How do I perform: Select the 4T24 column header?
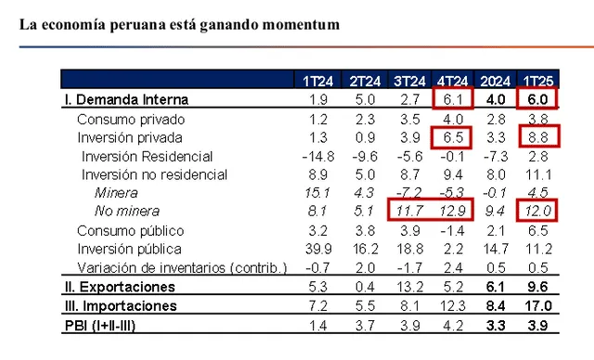pos(453,80)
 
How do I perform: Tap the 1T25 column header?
pos(539,80)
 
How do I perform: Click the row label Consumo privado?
pos(131,119)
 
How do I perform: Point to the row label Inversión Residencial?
pos(147,156)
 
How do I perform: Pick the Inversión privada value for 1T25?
pos(540,137)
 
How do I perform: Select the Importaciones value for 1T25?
pos(539,305)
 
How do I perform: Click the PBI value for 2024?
pos(496,325)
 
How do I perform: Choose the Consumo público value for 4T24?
pos(452,230)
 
